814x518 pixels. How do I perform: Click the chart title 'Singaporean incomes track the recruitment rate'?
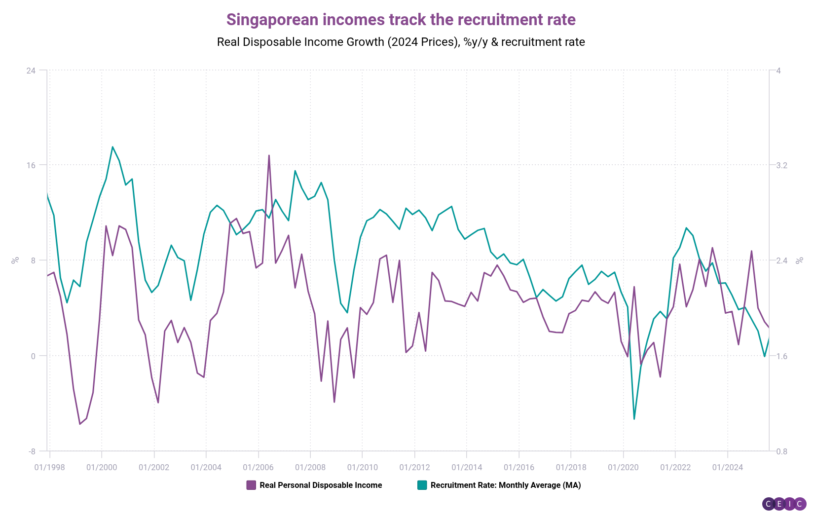(x=401, y=20)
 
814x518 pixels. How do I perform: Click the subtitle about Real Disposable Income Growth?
(x=401, y=42)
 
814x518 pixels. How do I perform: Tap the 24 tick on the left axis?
(x=31, y=71)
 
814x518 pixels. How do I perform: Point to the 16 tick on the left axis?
(x=31, y=165)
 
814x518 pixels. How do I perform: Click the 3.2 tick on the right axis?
(x=782, y=165)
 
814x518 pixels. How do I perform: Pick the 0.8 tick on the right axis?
(x=782, y=451)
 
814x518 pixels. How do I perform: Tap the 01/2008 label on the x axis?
(x=310, y=467)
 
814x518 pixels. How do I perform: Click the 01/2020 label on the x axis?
(x=623, y=467)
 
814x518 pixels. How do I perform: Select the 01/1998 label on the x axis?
(x=49, y=467)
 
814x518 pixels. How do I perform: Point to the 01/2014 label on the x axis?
(x=467, y=467)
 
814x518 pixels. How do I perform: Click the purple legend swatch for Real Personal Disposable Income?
(x=251, y=485)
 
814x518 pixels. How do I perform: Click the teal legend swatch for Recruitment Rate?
(x=422, y=485)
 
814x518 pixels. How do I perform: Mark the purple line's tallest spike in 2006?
(x=269, y=155)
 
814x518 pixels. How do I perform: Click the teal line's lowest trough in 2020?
(x=634, y=419)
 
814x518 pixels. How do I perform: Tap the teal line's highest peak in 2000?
(x=112, y=147)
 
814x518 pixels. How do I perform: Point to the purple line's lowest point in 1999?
(x=80, y=424)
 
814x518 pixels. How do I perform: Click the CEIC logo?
(x=784, y=504)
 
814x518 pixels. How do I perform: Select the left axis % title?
(x=15, y=260)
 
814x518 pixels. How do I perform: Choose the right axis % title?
(x=800, y=260)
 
